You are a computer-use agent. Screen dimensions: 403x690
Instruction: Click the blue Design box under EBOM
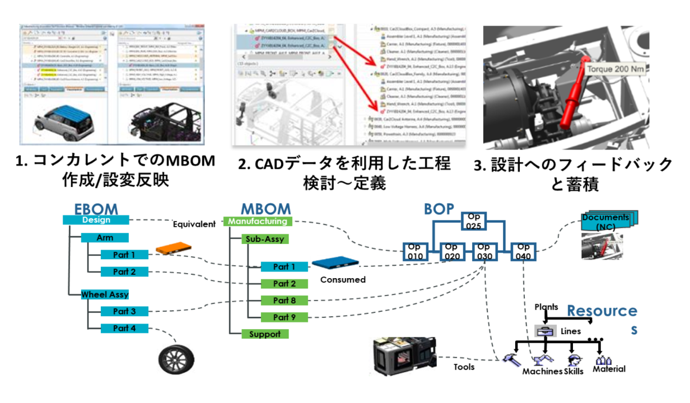tap(95, 220)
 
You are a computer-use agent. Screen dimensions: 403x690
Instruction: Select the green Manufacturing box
tap(258, 221)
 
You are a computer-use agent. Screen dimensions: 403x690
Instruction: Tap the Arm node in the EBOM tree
tap(105, 238)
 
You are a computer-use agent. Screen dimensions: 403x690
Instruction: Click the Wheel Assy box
tap(105, 294)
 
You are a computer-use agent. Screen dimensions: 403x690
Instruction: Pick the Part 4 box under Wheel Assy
tap(124, 328)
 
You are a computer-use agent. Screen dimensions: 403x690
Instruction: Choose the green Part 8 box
tap(285, 301)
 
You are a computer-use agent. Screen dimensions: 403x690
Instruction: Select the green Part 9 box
tap(285, 317)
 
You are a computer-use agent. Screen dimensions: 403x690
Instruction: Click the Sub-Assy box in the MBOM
tap(264, 239)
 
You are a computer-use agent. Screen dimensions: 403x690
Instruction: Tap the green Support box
tap(265, 334)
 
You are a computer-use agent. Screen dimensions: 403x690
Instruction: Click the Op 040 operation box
tap(523, 251)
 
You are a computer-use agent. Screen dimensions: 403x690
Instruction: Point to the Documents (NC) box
tap(606, 222)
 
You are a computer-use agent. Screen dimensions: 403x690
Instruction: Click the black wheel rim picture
tap(175, 359)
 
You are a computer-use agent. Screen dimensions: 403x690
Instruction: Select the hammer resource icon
tap(512, 360)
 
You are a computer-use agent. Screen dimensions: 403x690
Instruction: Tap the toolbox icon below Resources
tap(545, 331)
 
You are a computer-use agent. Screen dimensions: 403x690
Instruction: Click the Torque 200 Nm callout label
tap(615, 69)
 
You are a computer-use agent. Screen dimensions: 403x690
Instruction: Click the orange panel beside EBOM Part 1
tap(173, 248)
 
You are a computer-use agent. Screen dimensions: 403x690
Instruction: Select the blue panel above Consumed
tap(334, 263)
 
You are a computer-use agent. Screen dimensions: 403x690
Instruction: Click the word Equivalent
tap(194, 224)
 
